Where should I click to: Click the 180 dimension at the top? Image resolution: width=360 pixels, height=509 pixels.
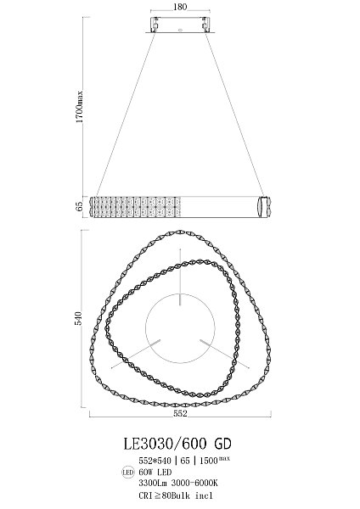(180, 7)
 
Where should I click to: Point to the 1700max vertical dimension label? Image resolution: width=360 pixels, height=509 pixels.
(80, 107)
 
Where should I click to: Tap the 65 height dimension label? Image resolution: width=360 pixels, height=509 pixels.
(80, 206)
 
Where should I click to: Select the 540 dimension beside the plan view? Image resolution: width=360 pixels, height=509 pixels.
(78, 318)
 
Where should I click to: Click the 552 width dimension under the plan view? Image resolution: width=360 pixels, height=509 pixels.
(180, 413)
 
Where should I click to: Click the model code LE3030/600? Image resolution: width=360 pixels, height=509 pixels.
(165, 444)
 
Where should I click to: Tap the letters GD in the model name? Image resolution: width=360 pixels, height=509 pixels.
(222, 444)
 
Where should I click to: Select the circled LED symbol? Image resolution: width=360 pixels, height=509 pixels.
(127, 473)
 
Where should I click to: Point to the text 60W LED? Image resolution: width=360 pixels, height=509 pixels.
(155, 472)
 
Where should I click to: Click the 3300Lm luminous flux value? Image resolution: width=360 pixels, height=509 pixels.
(152, 483)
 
